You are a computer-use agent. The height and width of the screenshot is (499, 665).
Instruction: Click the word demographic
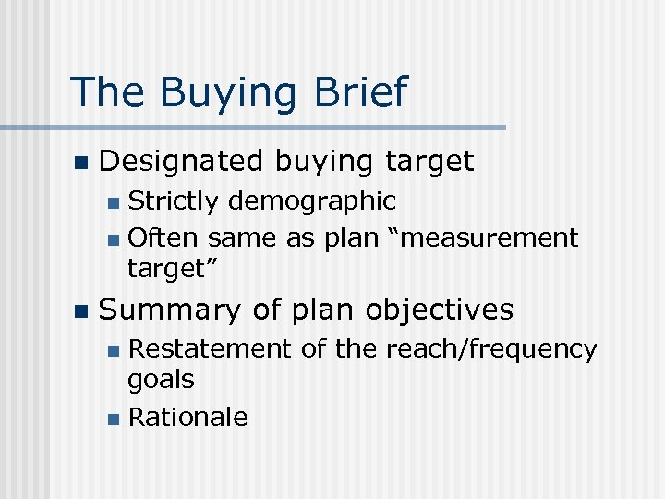click(x=312, y=201)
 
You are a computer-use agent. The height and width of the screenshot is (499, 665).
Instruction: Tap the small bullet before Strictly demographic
click(x=112, y=202)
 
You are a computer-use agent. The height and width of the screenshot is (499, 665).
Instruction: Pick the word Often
click(x=163, y=238)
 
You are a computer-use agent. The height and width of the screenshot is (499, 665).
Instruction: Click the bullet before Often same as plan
click(x=112, y=240)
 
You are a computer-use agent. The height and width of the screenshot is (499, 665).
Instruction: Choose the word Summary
click(x=171, y=310)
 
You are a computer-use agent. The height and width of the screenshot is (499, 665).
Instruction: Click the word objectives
click(x=440, y=310)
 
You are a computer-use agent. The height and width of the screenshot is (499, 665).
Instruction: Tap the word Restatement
click(x=207, y=348)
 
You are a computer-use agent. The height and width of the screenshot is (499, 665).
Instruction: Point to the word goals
click(x=161, y=380)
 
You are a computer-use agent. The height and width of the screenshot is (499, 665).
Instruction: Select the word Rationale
click(x=187, y=418)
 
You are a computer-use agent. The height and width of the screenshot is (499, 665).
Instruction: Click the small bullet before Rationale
click(x=112, y=420)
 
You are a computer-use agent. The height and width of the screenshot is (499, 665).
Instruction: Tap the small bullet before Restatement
click(x=112, y=350)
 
